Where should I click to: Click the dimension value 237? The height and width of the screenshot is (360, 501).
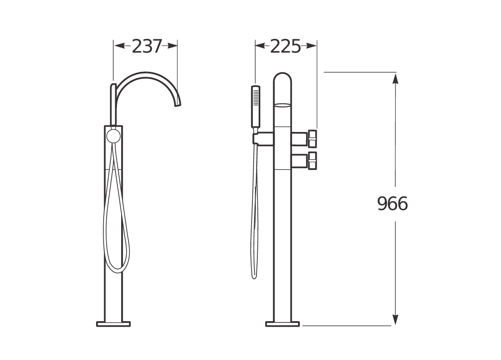tap(146, 46)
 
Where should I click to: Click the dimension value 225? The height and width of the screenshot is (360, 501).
tap(285, 46)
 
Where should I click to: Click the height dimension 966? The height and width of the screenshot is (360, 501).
tap(392, 204)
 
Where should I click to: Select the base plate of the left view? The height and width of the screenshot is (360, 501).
tap(113, 323)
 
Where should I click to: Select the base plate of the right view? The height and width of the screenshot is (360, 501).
tap(283, 323)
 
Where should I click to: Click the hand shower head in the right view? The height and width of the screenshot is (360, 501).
tap(255, 106)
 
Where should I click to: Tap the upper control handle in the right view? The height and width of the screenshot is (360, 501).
tap(313, 138)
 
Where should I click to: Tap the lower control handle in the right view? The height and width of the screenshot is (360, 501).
tap(313, 161)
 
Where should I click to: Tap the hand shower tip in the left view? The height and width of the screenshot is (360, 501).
tap(113, 86)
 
